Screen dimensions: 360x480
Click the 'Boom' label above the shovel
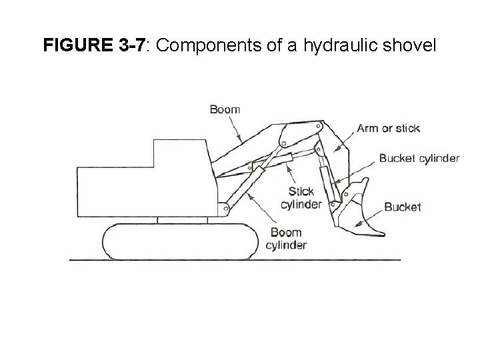(225, 109)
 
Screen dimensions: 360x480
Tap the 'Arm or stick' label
(389, 128)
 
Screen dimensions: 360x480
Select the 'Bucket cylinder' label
(419, 158)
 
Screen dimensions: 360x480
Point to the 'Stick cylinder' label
(301, 198)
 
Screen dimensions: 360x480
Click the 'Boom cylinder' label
(287, 239)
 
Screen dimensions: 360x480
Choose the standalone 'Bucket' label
(403, 207)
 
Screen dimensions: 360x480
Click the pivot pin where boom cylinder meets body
(226, 208)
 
